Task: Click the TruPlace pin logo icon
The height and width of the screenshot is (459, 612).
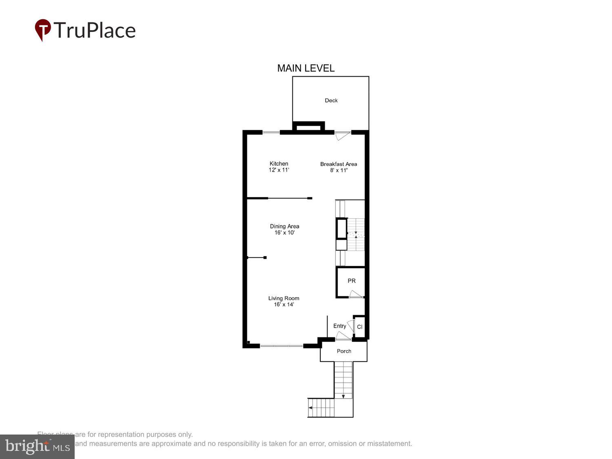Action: click(43, 30)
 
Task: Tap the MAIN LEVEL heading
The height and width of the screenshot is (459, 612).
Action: click(306, 68)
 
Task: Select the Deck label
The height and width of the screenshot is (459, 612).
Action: click(331, 100)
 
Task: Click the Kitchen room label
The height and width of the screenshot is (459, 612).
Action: click(279, 164)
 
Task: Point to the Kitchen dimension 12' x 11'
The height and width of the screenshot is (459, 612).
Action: click(279, 170)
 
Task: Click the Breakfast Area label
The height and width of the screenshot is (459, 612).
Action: click(338, 164)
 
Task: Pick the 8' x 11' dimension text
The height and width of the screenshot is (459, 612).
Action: click(339, 170)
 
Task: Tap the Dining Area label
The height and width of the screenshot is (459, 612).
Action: click(284, 226)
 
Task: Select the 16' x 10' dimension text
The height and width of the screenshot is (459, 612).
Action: click(284, 233)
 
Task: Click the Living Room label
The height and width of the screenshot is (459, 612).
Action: click(284, 298)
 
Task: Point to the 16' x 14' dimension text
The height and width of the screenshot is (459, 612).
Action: click(284, 304)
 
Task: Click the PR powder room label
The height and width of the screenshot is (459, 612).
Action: click(351, 281)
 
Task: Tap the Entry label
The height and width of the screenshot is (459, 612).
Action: click(339, 326)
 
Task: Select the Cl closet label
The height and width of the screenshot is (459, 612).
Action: click(359, 327)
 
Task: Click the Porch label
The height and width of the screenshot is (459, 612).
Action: click(344, 351)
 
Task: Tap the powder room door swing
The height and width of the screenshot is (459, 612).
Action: click(355, 294)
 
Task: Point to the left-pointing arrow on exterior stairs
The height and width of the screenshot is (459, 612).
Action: click(310, 408)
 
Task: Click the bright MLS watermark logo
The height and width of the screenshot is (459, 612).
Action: click(37, 446)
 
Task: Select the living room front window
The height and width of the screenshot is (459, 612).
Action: click(282, 346)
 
